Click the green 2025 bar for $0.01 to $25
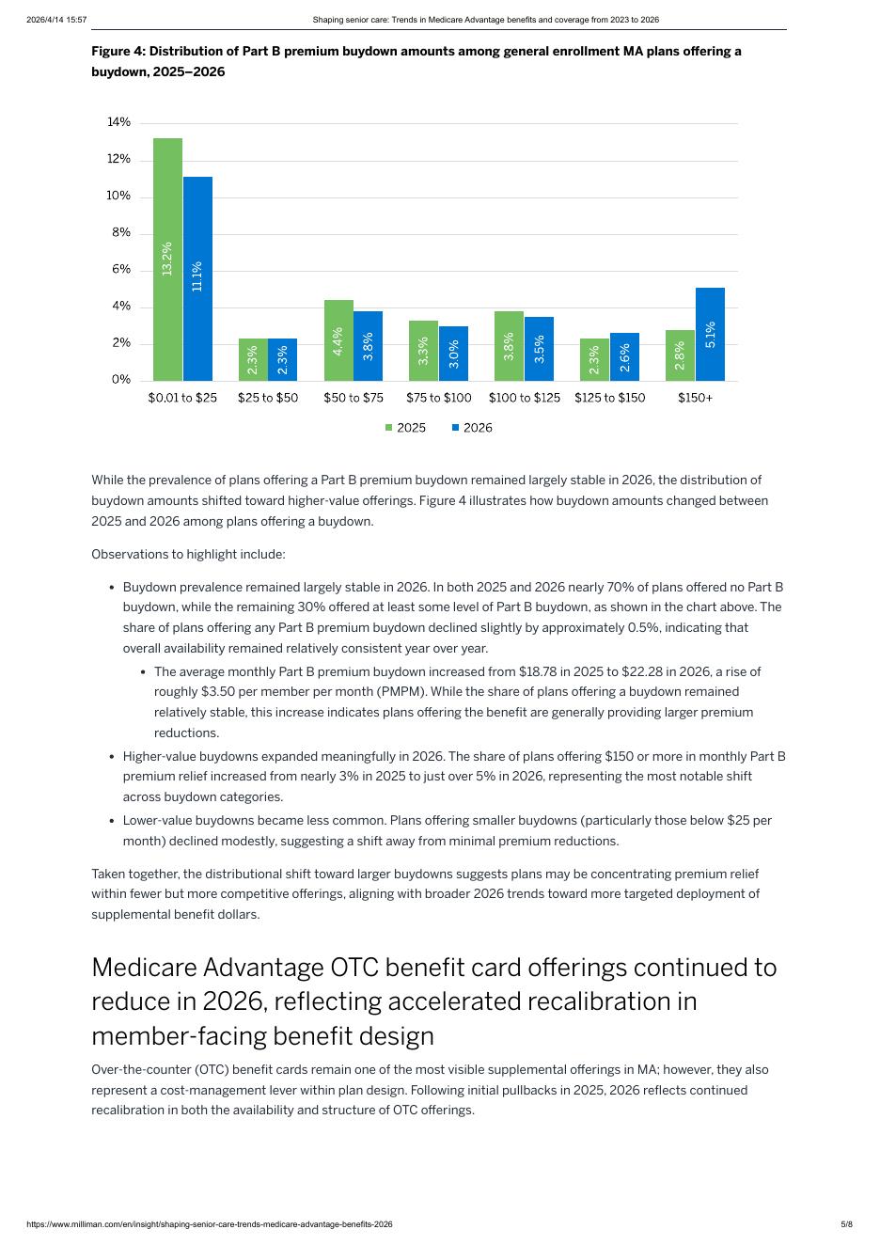click(x=167, y=259)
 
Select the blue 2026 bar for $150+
click(x=710, y=334)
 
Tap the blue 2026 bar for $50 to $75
click(x=369, y=345)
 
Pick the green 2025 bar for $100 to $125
click(x=509, y=345)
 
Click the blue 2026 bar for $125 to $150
click(x=624, y=356)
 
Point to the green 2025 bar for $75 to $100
click(x=423, y=350)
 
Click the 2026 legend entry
click(x=472, y=428)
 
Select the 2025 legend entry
click(x=405, y=428)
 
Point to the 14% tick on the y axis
click(x=119, y=122)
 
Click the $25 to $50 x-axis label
click(x=268, y=398)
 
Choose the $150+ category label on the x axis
click(x=695, y=398)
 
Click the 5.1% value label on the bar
click(x=710, y=335)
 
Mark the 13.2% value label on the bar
click(x=167, y=259)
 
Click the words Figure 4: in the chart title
click(x=118, y=51)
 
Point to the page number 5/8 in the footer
click(x=846, y=1224)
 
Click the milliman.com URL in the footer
click(x=210, y=1224)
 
